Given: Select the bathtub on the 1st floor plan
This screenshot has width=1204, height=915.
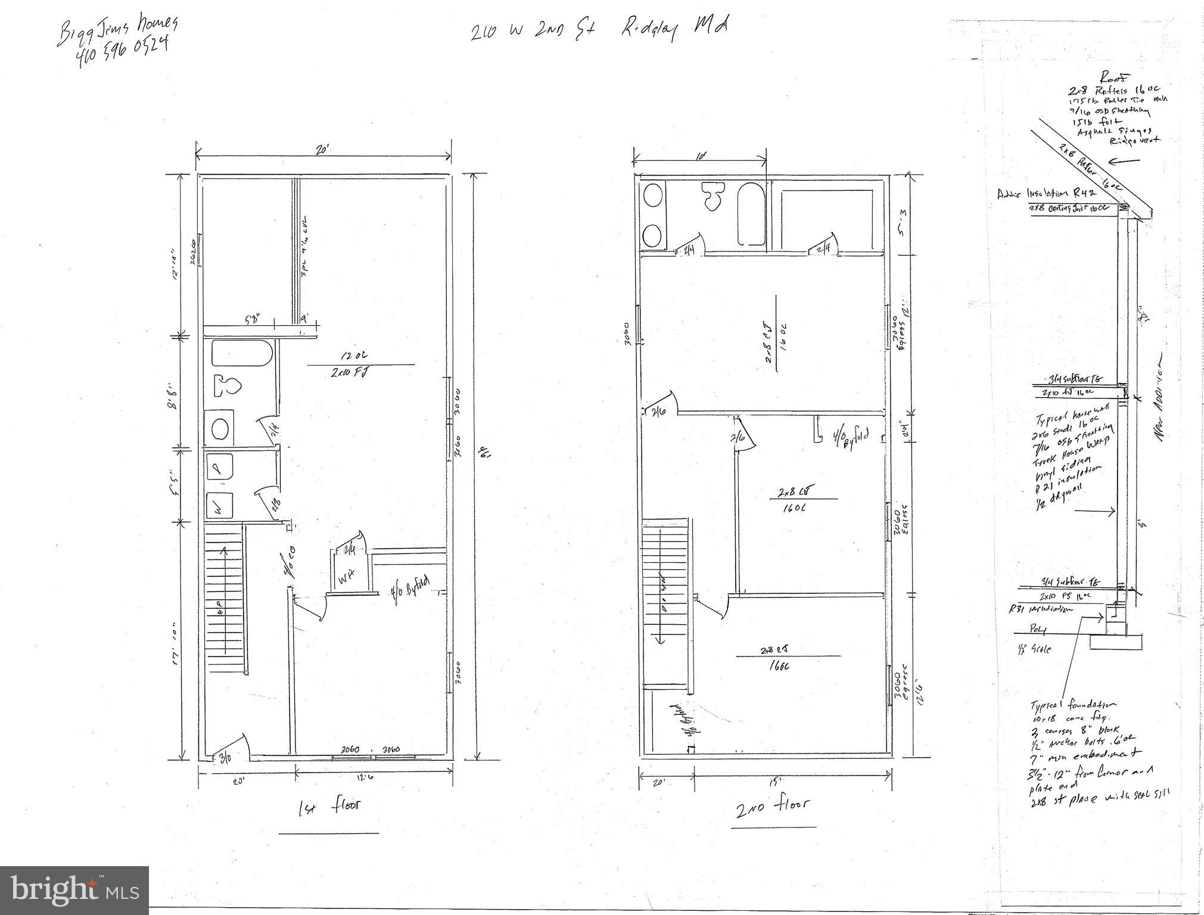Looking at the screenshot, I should [242, 354].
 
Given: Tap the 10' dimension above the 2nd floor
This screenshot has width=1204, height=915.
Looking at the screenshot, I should [701, 156].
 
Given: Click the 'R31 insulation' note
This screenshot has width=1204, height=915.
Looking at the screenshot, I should [1040, 609].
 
